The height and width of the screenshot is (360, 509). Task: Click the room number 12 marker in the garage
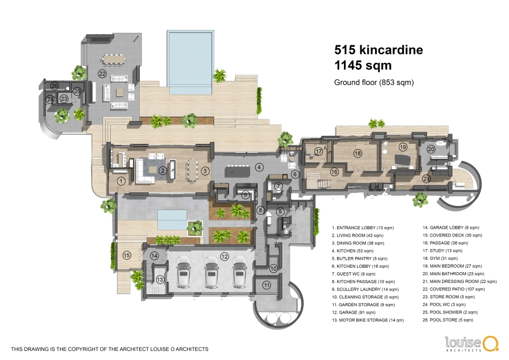point(225,256)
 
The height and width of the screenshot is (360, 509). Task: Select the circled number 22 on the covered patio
point(102,74)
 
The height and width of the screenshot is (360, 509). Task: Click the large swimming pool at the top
point(191,62)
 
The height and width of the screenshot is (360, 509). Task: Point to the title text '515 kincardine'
point(378,50)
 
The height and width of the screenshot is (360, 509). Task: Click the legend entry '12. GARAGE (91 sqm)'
point(353,312)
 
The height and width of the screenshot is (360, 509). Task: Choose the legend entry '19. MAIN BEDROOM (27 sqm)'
point(452,266)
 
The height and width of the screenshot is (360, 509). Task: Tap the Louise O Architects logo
point(471,344)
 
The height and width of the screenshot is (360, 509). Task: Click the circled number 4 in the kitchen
point(259,168)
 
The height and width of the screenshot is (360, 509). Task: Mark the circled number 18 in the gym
point(357,153)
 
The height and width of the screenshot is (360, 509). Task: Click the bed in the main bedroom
point(402,160)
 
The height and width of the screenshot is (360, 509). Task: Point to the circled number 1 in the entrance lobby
point(121,181)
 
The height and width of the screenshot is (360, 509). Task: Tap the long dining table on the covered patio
point(114,59)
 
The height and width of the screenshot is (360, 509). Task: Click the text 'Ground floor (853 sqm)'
point(374,83)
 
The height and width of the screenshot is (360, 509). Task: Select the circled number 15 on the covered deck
point(127,255)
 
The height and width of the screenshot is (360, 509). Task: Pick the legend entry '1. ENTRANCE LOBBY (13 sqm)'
point(363,228)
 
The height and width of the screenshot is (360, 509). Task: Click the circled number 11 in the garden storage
point(266,285)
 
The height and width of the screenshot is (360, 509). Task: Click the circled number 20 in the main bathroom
point(431,149)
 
